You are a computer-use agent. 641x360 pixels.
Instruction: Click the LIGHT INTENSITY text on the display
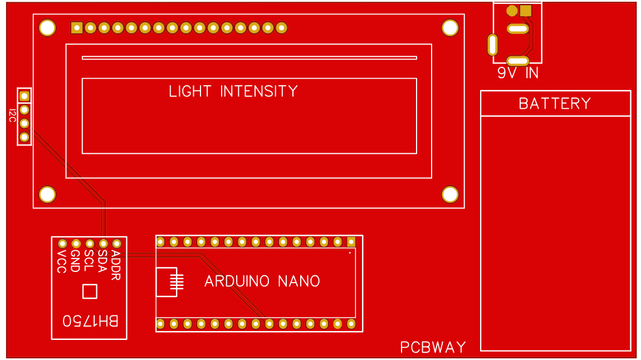[x=233, y=91]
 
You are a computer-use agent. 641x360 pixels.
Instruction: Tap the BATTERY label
[x=555, y=104]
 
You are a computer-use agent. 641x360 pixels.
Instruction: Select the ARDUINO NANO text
[x=262, y=281]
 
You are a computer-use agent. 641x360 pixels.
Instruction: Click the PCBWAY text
[x=433, y=348]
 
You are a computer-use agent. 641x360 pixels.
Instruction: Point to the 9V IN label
[x=518, y=73]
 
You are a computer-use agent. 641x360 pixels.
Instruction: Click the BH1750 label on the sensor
[x=90, y=321]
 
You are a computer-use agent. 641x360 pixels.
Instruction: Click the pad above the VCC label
[x=63, y=244]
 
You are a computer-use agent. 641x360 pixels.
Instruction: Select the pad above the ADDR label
[x=117, y=244]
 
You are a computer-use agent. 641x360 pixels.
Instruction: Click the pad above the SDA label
[x=104, y=244]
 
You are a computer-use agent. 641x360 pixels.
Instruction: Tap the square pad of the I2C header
[x=24, y=96]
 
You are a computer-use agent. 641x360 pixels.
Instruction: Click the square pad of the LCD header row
[x=77, y=28]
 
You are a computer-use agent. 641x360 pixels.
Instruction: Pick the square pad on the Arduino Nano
[x=351, y=241]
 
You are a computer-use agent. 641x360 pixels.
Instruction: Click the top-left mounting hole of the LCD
[x=47, y=28]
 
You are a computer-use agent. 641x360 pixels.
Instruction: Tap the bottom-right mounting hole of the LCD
[x=450, y=194]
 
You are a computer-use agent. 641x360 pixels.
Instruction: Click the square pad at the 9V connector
[x=525, y=11]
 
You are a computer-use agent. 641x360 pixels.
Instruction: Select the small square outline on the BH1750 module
[x=90, y=291]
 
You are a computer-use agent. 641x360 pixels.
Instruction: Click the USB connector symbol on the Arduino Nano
[x=169, y=282]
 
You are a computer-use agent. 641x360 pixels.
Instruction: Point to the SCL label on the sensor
[x=89, y=260]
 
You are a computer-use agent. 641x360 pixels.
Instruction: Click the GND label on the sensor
[x=76, y=261]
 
